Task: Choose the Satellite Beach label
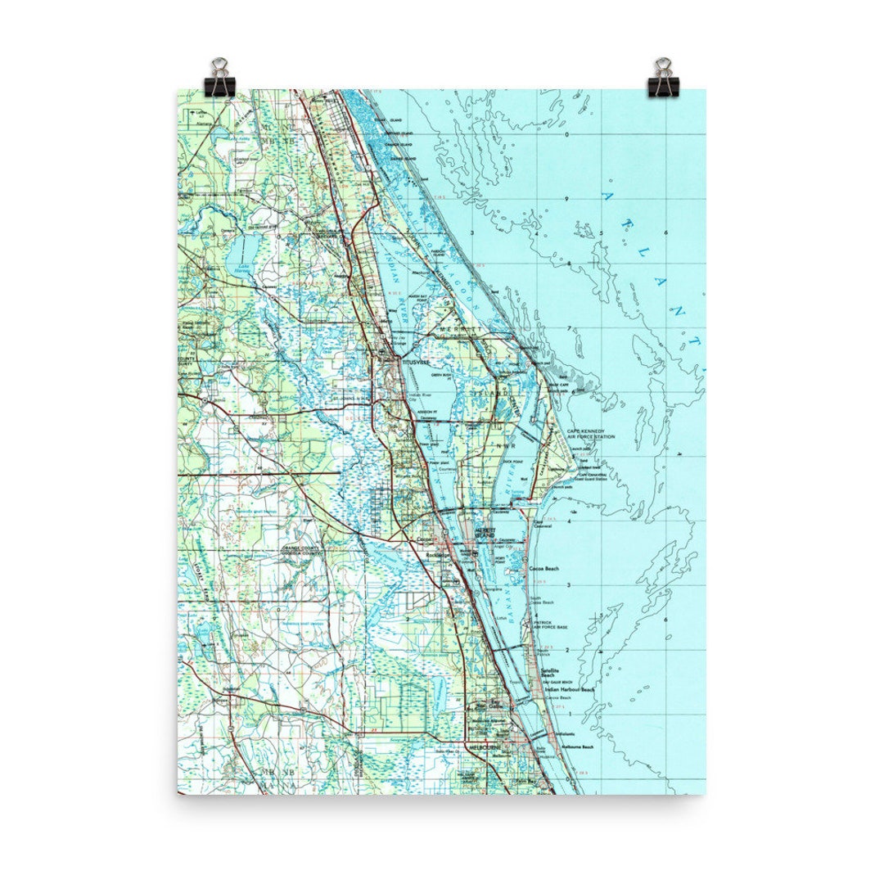(x=549, y=674)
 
